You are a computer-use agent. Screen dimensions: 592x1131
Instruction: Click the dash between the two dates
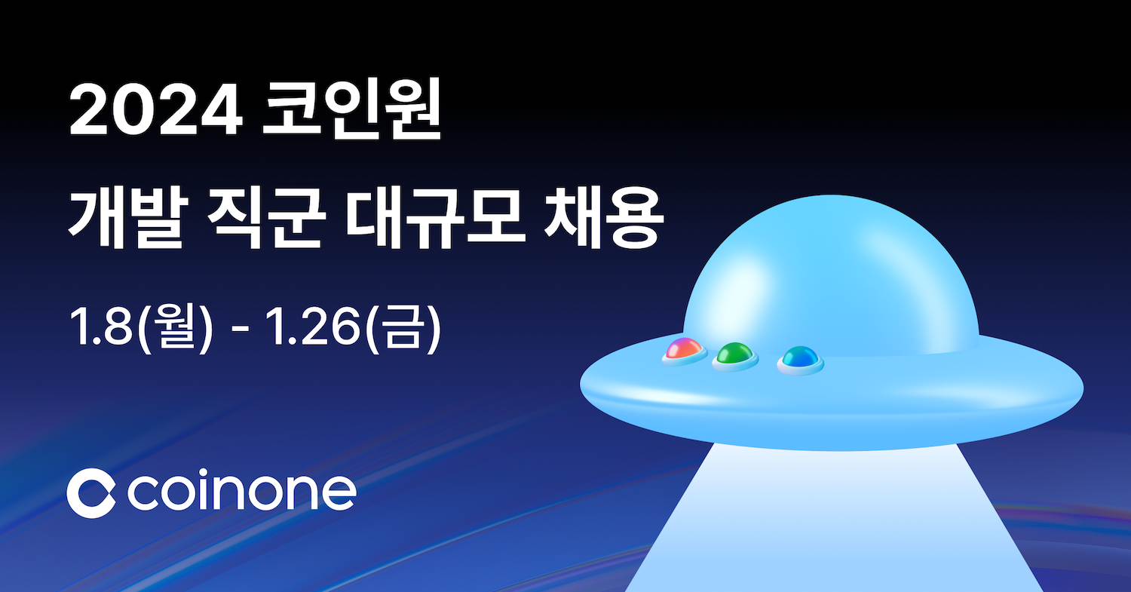coord(241,329)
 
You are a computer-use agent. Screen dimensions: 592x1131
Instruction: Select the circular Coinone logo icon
coord(92,493)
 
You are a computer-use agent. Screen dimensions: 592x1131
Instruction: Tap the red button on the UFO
coord(685,350)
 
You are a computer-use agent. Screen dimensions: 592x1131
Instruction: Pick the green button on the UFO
coord(735,354)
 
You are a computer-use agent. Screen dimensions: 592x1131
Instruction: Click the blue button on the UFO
coord(800,357)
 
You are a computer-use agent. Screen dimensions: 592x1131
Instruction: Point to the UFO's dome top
coord(829,226)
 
